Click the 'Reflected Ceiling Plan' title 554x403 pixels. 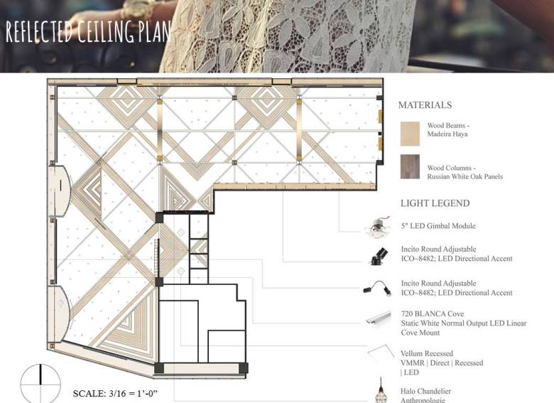tap(88, 31)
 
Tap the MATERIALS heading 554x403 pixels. tap(425, 105)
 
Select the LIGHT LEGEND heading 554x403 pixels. tap(435, 203)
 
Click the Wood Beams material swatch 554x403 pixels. tap(410, 134)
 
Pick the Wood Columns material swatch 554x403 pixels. tap(410, 166)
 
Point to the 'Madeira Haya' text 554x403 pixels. tap(447, 134)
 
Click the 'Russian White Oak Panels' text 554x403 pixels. tap(465, 176)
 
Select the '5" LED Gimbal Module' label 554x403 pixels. tap(438, 226)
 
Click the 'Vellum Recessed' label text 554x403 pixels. tap(426, 353)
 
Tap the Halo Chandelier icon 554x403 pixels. tap(381, 390)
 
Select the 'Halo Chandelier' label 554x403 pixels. tap(425, 392)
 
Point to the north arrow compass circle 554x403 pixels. tap(40, 384)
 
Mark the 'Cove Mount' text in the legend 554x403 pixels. tap(420, 333)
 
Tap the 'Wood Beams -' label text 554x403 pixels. tap(448, 126)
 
